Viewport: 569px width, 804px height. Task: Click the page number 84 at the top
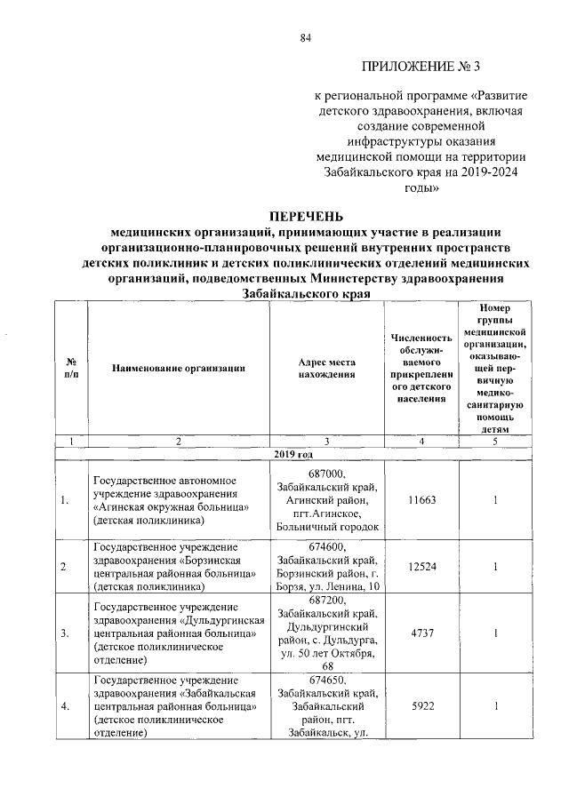305,37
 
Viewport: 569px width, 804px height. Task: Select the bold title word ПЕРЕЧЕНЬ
305,216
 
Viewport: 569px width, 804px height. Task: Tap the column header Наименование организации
178,368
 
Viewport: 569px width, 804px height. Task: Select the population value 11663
421,501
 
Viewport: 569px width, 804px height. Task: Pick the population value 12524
421,566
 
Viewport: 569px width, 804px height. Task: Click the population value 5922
421,706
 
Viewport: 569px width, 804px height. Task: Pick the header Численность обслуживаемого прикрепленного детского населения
421,368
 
